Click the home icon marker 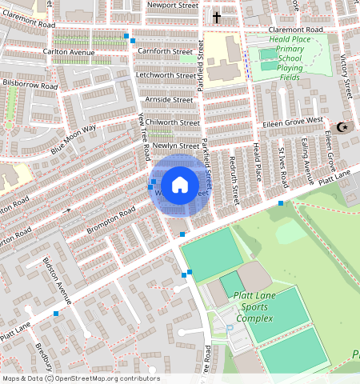(x=180, y=186)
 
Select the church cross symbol (x=217, y=17)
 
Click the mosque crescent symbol (x=343, y=126)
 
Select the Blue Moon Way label (x=74, y=138)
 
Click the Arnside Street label (x=170, y=100)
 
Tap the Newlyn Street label (x=175, y=146)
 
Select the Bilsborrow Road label (x=30, y=83)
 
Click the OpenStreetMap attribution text (x=80, y=378)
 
